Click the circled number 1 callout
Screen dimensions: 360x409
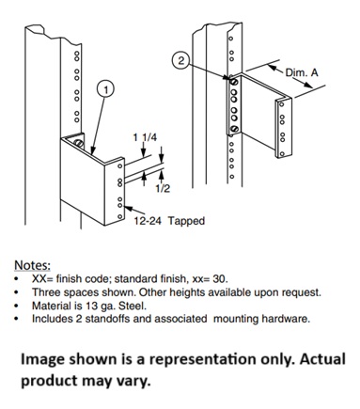tap(106, 89)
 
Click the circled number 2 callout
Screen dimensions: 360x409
tap(180, 60)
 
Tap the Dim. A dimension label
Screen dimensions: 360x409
tap(302, 72)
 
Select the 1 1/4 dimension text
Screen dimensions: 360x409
tap(145, 137)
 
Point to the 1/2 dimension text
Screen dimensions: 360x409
tap(163, 188)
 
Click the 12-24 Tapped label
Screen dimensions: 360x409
tap(169, 221)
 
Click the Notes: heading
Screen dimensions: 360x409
tap(32, 265)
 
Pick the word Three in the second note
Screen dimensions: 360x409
tap(47, 292)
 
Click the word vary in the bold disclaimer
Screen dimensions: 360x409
tap(135, 381)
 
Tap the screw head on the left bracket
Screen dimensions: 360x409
tap(79, 144)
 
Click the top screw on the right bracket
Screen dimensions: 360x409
tap(234, 82)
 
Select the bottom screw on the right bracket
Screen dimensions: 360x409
tap(235, 129)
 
